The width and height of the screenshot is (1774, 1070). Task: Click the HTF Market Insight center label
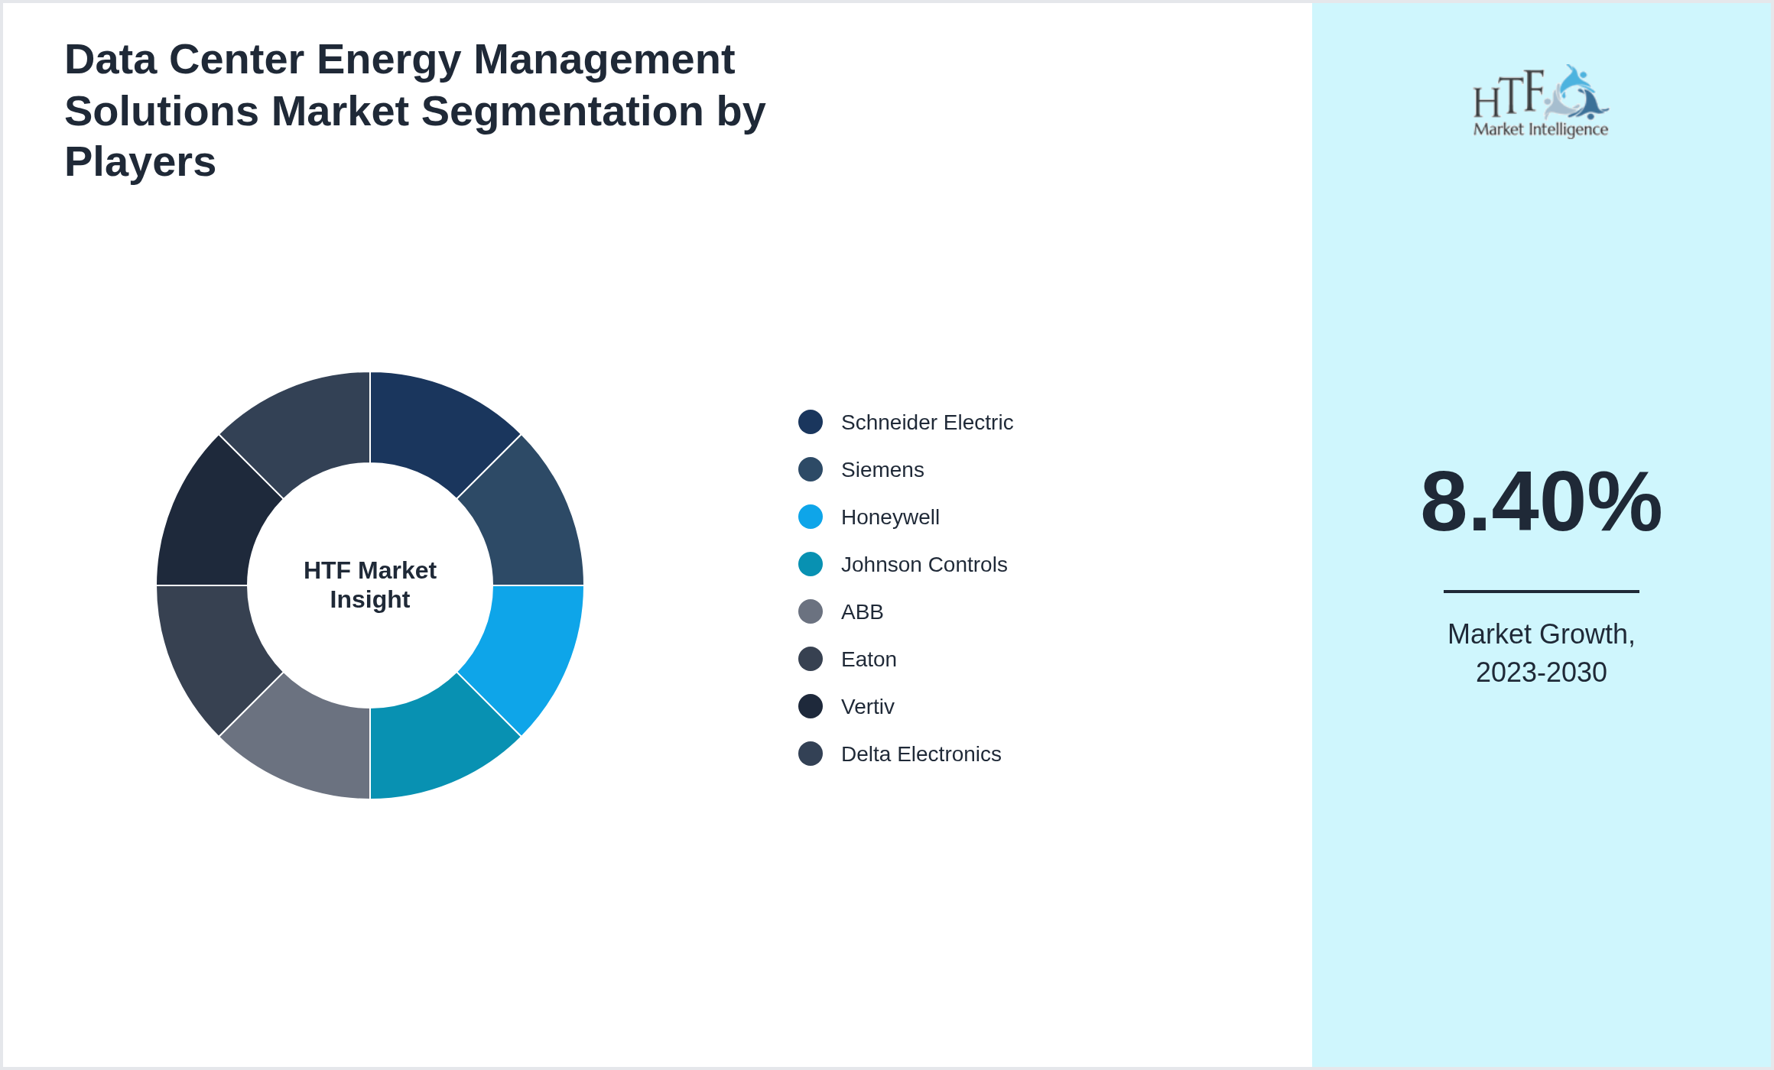[370, 585]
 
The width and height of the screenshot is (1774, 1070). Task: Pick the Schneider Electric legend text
[927, 423]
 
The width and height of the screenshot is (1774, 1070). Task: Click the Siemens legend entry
[882, 470]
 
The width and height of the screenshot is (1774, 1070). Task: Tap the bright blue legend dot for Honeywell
[811, 517]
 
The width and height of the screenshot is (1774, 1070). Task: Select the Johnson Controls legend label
[924, 565]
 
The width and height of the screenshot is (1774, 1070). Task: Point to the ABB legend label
[862, 612]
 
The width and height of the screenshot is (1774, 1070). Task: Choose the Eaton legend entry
[869, 660]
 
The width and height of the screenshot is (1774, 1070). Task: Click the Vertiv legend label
[867, 707]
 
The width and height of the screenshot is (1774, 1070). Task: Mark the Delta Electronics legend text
[921, 754]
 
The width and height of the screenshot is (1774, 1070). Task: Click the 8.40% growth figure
[1541, 502]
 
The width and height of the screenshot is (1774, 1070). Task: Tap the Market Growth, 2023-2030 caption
[1541, 653]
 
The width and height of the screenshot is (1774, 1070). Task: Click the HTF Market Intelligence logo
[1541, 101]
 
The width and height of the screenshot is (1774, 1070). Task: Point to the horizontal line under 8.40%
[1541, 591]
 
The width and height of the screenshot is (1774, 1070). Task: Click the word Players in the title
[140, 162]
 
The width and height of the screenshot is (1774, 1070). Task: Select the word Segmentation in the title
[563, 112]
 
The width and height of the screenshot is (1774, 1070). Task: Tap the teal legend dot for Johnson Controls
[811, 565]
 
